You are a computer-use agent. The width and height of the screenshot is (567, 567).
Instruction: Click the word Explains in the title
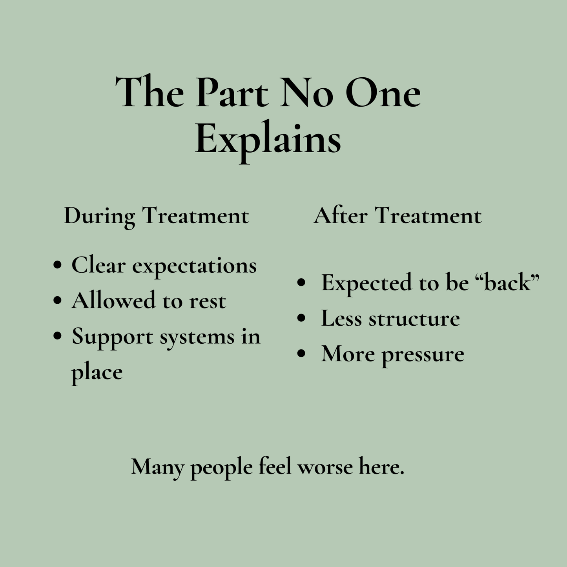coord(268,142)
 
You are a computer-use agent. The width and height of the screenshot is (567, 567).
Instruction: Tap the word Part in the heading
coord(232,93)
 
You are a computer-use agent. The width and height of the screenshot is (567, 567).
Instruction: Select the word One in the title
coord(383,93)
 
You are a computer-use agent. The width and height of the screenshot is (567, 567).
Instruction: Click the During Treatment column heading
coord(157,216)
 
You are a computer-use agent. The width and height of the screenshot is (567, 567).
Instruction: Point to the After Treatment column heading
coord(397,216)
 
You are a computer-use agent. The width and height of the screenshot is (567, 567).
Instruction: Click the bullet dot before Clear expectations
coord(58,264)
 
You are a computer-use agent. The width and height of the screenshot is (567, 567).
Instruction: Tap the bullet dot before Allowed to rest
coord(58,301)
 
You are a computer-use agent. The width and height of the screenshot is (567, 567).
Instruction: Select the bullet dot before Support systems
coord(58,336)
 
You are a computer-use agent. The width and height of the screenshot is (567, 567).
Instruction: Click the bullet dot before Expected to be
coord(302,283)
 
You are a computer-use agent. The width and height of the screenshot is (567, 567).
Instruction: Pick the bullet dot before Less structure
coord(302,318)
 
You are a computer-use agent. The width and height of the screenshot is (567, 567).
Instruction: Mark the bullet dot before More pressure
coord(302,354)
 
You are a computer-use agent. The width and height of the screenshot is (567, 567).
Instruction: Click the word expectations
coord(194,266)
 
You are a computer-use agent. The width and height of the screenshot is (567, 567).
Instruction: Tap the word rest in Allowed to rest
coord(208,302)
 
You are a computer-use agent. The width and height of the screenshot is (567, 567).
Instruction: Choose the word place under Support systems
coord(97,374)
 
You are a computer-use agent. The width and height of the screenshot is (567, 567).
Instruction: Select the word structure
coord(414,319)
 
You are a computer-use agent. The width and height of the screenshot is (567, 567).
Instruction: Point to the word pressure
coord(423,356)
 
